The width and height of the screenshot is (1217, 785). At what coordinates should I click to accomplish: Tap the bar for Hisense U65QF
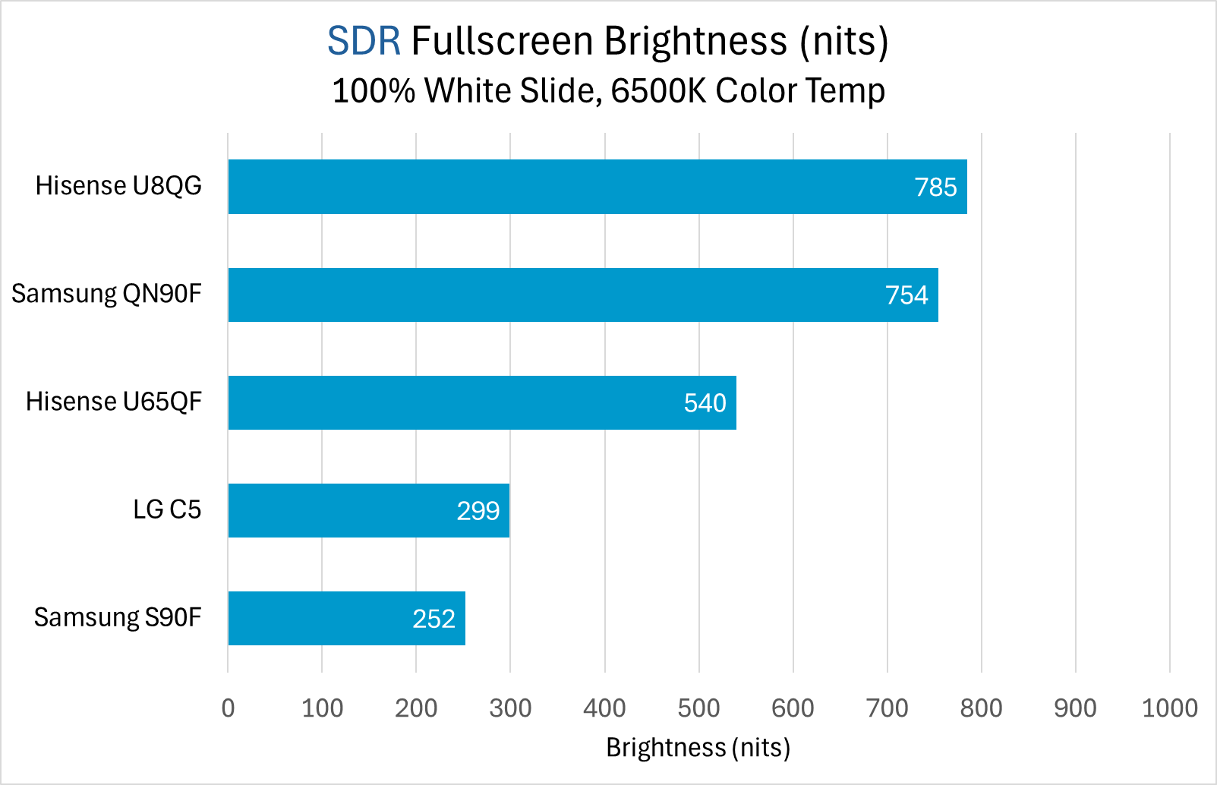(456, 402)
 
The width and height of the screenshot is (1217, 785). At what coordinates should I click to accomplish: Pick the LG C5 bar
(342, 510)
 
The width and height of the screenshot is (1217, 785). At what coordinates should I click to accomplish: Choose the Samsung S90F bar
(319, 618)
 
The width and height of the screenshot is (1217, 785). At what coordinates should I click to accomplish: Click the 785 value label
(935, 188)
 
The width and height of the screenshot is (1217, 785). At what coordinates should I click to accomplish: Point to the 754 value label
(906, 295)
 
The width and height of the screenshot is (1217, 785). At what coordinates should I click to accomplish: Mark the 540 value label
(705, 403)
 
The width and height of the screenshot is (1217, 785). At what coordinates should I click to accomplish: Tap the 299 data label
(478, 511)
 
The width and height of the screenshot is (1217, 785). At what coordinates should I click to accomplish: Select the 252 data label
(434, 619)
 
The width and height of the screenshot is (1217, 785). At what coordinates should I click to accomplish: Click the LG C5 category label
(167, 509)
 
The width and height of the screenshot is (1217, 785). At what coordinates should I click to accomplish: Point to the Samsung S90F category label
(118, 617)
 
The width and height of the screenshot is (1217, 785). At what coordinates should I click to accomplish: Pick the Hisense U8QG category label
(118, 186)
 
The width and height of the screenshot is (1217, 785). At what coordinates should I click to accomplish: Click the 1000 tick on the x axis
(1169, 708)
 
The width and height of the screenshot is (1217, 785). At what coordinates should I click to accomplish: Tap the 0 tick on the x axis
(228, 708)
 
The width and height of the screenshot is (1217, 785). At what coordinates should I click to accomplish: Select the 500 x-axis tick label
(698, 708)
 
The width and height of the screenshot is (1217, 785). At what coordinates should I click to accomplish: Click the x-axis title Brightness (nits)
(698, 748)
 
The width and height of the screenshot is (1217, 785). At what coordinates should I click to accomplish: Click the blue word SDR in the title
(364, 41)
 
